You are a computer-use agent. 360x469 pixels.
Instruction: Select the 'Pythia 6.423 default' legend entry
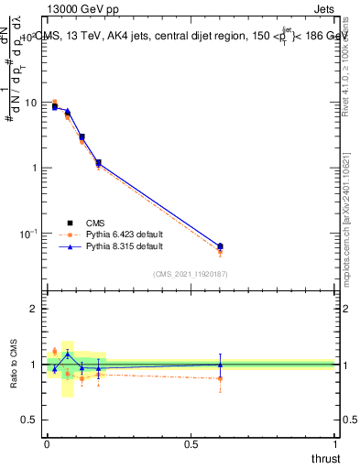coord(125,234)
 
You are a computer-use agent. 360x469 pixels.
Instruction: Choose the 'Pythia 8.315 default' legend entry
coord(125,247)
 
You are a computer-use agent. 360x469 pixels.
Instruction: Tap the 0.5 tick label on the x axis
coord(191,444)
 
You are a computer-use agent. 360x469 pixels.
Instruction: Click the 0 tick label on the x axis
coord(47,444)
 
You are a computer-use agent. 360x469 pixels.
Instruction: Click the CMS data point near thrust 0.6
coord(220,245)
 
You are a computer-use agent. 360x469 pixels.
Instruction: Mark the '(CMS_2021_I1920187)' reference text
coord(190,274)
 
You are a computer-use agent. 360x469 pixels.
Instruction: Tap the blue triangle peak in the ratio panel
coord(68,354)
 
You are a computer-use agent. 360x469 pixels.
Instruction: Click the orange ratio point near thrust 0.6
coord(220,378)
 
